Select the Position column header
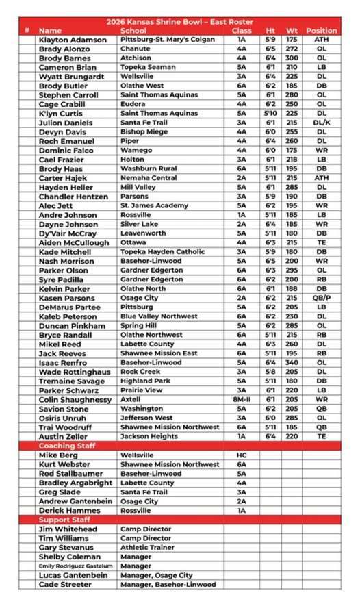tap(321, 31)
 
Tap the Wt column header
tap(292, 31)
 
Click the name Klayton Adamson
tap(73, 40)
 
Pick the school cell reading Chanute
tap(135, 49)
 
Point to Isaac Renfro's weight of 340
tap(292, 362)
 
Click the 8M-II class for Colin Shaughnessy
tap(242, 399)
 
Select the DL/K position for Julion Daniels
tap(321, 123)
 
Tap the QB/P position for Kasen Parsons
tap(321, 298)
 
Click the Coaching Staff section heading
tap(67, 446)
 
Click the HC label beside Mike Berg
tap(242, 455)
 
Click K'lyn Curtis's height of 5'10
tap(270, 114)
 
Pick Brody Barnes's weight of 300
tap(292, 59)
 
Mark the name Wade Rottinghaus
tap(75, 372)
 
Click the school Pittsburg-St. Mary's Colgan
tap(167, 40)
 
